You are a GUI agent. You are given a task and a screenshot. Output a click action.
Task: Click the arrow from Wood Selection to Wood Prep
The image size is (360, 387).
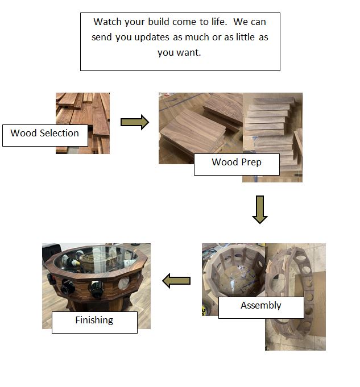tap(135, 122)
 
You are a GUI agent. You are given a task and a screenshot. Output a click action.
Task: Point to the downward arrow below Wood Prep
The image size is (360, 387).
tap(260, 210)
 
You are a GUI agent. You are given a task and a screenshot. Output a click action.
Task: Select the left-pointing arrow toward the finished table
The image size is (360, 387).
tap(176, 281)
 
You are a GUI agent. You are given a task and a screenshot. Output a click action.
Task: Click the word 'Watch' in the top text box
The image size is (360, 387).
tap(107, 22)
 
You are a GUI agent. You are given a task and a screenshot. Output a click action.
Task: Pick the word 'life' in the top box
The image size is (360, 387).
tap(218, 22)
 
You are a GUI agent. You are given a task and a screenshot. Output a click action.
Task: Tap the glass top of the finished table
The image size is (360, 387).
tap(96, 260)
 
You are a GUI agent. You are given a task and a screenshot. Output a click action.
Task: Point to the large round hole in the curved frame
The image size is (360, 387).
tap(279, 282)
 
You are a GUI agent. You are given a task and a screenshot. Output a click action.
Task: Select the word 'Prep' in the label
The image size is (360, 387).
tap(251, 163)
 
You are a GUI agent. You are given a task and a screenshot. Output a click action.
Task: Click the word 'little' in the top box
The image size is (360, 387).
tap(245, 37)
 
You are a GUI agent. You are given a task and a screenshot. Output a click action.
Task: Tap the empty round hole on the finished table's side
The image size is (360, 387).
tap(124, 283)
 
